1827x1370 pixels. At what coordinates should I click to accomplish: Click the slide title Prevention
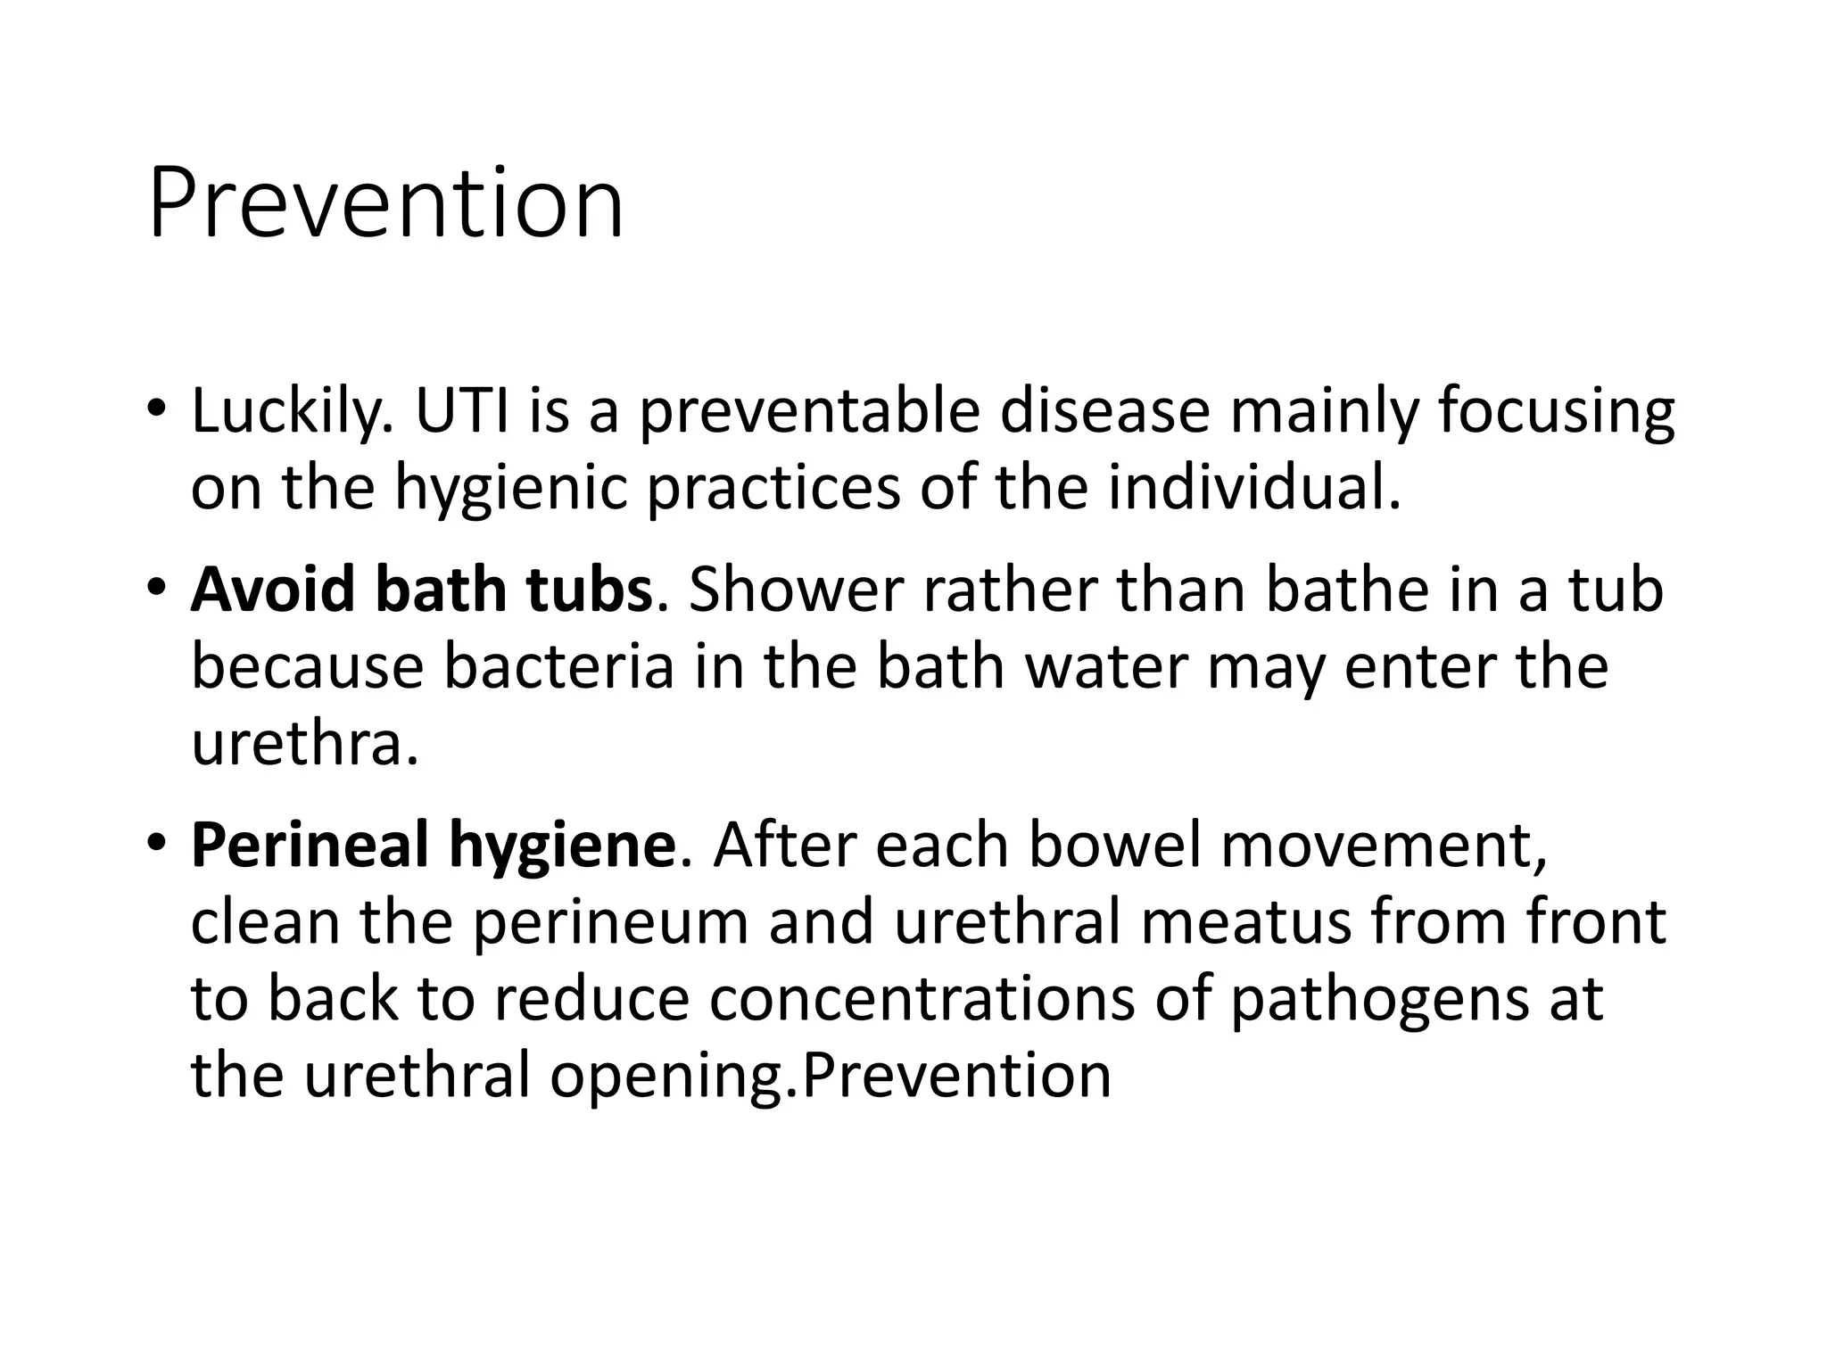(x=385, y=205)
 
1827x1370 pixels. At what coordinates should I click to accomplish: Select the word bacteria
(x=558, y=666)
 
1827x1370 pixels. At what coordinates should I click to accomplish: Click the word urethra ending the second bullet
(x=303, y=743)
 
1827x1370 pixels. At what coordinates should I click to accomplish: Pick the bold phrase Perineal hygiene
(x=434, y=845)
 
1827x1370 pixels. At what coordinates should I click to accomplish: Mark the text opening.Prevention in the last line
(x=830, y=1076)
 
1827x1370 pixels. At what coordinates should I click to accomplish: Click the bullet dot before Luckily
(x=155, y=411)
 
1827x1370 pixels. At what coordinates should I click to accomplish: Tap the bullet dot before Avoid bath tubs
(x=155, y=589)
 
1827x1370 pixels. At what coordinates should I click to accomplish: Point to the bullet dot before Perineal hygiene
(x=155, y=844)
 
